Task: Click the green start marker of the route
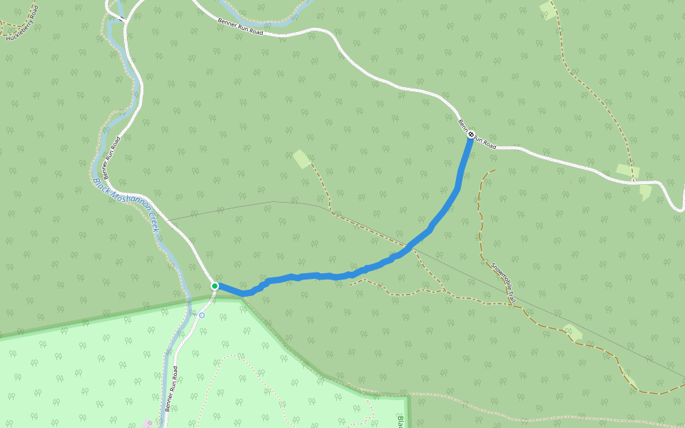tap(214, 286)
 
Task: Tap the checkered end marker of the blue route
tap(471, 133)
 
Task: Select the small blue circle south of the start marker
tap(202, 315)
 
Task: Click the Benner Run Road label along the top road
tap(240, 26)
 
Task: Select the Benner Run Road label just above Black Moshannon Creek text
tap(110, 157)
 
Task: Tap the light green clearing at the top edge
tap(548, 10)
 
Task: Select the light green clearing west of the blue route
tap(302, 158)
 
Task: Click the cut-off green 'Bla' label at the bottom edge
tap(400, 421)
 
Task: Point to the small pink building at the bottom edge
tap(148, 424)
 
